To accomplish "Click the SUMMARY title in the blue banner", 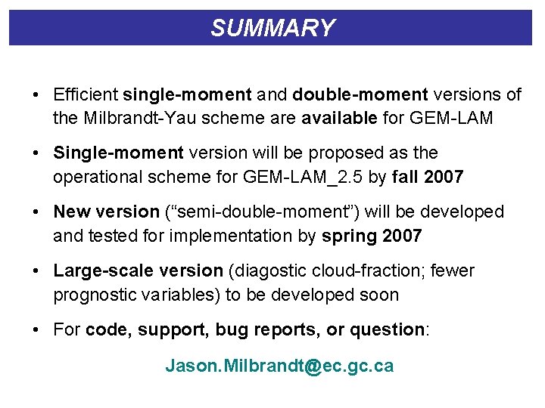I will pyautogui.click(x=272, y=28).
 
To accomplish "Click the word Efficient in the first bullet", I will pyautogui.click(x=86, y=94).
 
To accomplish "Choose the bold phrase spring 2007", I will pyautogui.click(x=372, y=236).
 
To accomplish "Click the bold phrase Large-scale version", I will pyautogui.click(x=138, y=270).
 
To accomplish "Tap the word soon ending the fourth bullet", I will pyautogui.click(x=378, y=295).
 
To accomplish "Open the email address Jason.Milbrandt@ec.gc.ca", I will pyautogui.click(x=279, y=366).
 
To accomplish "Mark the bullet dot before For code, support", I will pyautogui.click(x=36, y=329).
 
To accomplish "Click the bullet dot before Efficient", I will pyautogui.click(x=36, y=94).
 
